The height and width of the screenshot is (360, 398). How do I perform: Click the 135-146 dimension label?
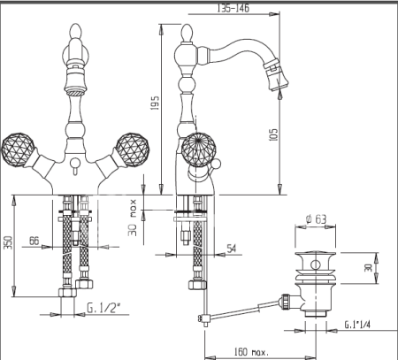point(233,8)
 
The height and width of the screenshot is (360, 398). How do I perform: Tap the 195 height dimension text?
point(155,103)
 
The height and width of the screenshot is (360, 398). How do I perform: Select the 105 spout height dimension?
point(273,134)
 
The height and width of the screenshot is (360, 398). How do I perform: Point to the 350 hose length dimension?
point(9,242)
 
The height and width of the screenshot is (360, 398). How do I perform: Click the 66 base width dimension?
point(34,241)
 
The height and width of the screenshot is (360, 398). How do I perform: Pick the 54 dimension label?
point(232,249)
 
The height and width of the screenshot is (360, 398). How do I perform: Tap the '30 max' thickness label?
point(133,218)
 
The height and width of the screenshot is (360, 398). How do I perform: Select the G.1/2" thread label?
point(103,308)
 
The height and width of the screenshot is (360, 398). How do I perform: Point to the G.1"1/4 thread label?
point(357,325)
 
